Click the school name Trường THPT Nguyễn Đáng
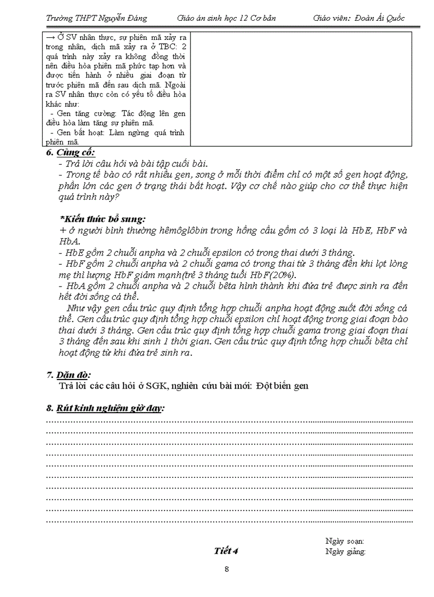click(x=96, y=18)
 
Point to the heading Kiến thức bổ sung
click(x=103, y=219)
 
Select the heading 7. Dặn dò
click(x=69, y=376)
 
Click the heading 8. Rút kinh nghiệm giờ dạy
click(x=105, y=408)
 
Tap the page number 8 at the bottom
click(x=227, y=570)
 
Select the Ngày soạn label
click(x=345, y=541)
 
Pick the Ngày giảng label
click(x=345, y=551)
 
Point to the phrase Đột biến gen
click(x=282, y=386)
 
